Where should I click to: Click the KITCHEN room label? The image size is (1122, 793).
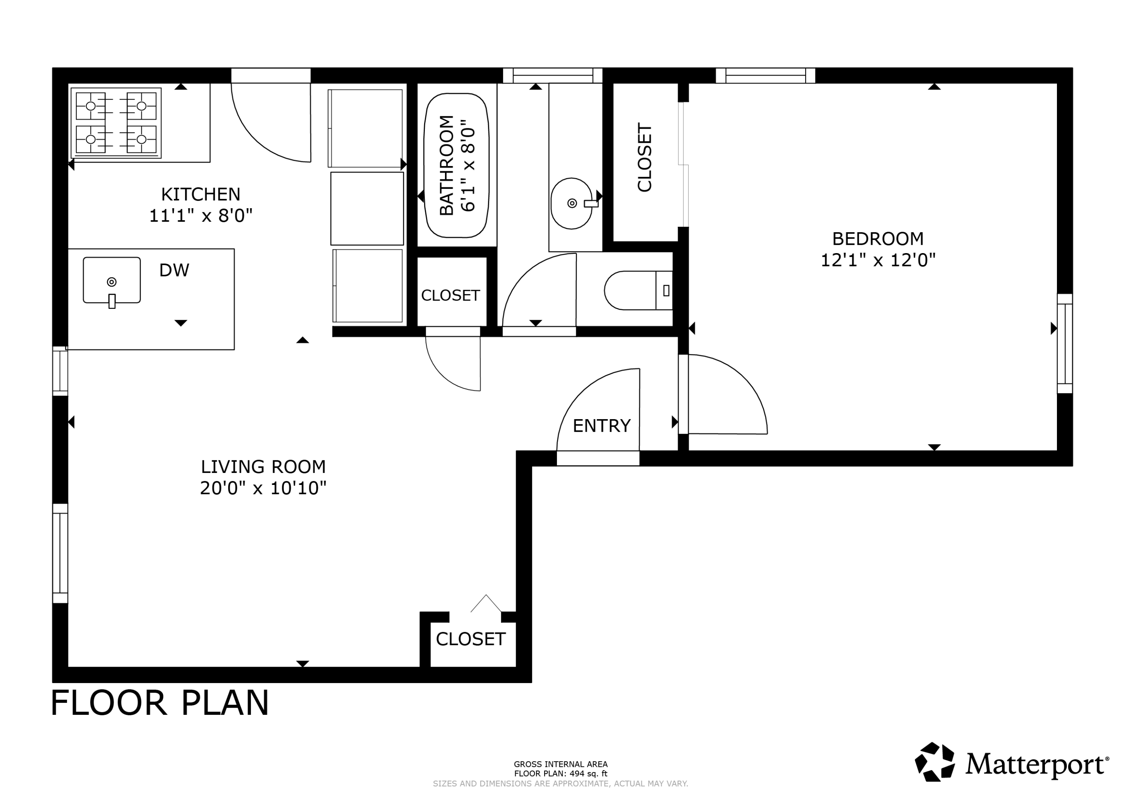pos(201,194)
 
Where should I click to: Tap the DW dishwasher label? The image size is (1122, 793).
pos(174,270)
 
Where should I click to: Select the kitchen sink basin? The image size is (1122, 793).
pos(112,280)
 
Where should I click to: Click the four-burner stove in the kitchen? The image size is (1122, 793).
pos(116,123)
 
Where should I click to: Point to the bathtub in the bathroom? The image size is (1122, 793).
pos(456,166)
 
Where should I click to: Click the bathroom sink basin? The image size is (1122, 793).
pos(572,203)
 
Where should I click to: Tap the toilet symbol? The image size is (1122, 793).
pos(638,290)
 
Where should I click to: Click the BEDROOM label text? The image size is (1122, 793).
pos(878,239)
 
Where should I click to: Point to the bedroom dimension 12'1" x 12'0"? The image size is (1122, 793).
pos(878,260)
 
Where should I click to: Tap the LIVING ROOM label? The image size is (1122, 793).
pos(263,467)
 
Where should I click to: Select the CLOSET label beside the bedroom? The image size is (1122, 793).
pos(644,157)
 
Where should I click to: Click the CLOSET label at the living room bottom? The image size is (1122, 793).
pos(470,639)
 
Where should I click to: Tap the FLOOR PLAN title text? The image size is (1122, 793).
pos(160,703)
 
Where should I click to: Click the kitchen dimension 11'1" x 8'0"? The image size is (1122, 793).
pos(201,215)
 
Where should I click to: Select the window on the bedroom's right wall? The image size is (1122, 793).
pos(1065,344)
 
